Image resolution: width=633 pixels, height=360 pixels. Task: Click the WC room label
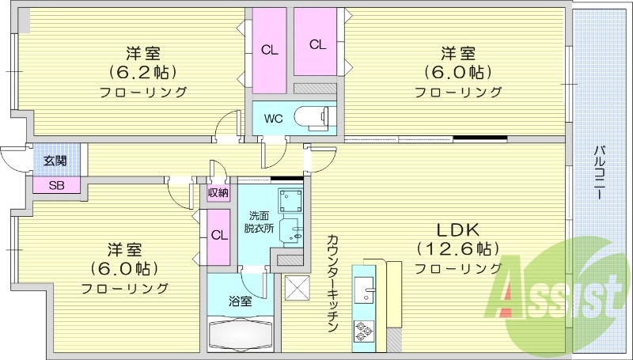(273, 119)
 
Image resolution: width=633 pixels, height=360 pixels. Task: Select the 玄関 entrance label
(55, 161)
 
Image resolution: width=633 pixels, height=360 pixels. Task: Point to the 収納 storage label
(218, 192)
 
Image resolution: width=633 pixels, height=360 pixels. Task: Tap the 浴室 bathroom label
(241, 301)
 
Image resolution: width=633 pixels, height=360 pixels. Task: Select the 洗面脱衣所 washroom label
(259, 222)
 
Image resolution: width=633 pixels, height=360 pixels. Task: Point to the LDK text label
(454, 229)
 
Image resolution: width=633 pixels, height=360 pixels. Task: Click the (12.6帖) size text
(454, 248)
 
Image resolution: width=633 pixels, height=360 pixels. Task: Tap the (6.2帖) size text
(143, 72)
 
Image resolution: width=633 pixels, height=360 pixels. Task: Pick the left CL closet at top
(270, 49)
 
